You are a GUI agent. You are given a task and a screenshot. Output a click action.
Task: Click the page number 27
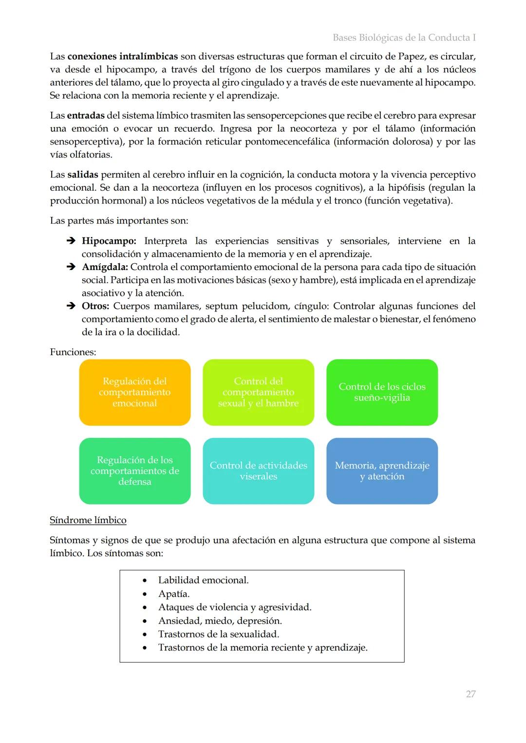click(470, 694)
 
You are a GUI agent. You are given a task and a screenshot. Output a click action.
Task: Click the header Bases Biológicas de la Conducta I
click(404, 37)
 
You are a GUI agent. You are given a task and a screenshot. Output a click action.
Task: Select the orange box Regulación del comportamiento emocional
click(134, 392)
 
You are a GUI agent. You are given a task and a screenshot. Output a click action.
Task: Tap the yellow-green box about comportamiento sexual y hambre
click(258, 392)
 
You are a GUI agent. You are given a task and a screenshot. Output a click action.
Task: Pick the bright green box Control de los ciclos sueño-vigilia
click(382, 392)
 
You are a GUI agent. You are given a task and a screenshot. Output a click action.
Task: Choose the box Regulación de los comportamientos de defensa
click(134, 471)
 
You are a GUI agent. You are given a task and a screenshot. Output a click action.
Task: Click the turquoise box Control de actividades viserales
click(258, 471)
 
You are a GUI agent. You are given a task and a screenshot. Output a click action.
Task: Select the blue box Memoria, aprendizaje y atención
click(382, 471)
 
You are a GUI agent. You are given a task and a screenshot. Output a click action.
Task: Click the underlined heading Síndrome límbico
click(88, 520)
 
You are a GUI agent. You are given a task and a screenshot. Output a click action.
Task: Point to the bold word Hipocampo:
click(109, 241)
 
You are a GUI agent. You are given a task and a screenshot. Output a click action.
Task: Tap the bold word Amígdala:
click(105, 267)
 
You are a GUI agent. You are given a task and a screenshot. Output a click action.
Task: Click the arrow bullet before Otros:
click(70, 306)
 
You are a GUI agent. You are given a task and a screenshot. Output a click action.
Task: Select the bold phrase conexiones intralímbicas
click(122, 56)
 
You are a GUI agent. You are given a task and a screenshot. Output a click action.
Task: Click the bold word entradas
click(85, 116)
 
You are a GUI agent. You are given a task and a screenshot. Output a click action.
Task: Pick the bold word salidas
click(82, 175)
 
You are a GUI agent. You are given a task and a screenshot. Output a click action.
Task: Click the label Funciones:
click(73, 352)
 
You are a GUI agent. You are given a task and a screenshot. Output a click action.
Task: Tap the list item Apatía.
click(174, 594)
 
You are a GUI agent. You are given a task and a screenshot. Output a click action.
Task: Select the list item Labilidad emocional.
click(203, 580)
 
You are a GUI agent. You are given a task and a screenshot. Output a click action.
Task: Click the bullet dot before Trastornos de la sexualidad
click(145, 634)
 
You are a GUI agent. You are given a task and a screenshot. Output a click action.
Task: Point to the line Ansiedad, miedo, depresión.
click(220, 621)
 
